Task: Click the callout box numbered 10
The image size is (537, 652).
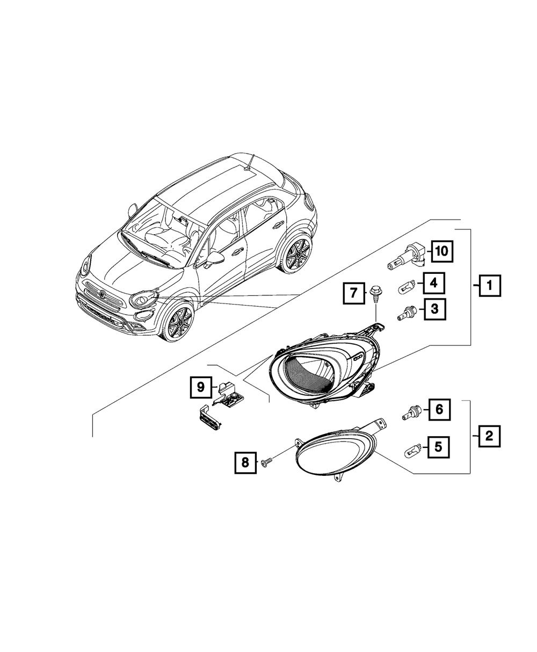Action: pyautogui.click(x=442, y=251)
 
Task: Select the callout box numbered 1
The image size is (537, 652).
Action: pyautogui.click(x=490, y=285)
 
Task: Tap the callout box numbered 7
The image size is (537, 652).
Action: pyautogui.click(x=353, y=293)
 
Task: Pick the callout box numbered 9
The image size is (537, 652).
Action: pyautogui.click(x=201, y=387)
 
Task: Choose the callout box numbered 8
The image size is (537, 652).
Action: pyautogui.click(x=245, y=462)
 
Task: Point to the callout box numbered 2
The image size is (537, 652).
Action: pyautogui.click(x=489, y=436)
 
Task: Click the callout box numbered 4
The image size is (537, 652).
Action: pyautogui.click(x=434, y=283)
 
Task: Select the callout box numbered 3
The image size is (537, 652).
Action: pyautogui.click(x=434, y=309)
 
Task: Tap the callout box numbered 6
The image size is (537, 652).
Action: pyautogui.click(x=439, y=409)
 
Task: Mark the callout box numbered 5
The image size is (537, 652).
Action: pyautogui.click(x=439, y=447)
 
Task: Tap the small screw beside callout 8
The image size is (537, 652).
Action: pyautogui.click(x=267, y=462)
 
